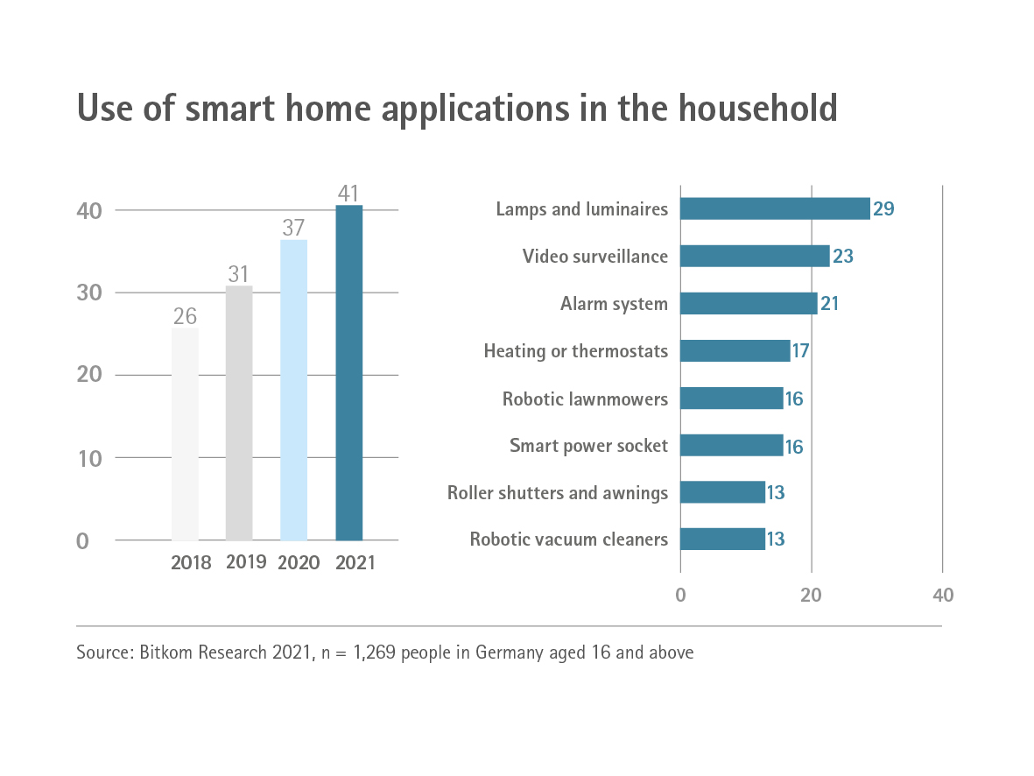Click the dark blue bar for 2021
tap(349, 373)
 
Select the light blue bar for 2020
tap(293, 391)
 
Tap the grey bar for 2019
tap(239, 413)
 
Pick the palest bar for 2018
tap(185, 434)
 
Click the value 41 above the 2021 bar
tap(348, 193)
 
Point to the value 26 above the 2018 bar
tap(185, 315)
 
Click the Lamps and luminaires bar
tap(775, 208)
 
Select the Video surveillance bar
tap(755, 256)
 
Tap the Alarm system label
tap(614, 304)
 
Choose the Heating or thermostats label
tap(576, 351)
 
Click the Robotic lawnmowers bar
tap(732, 399)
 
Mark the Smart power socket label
tap(588, 446)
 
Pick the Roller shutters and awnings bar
tap(722, 492)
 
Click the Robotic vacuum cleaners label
tap(569, 540)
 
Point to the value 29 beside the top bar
tap(883, 209)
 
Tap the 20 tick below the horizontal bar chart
tap(812, 596)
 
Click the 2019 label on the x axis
tap(246, 562)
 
